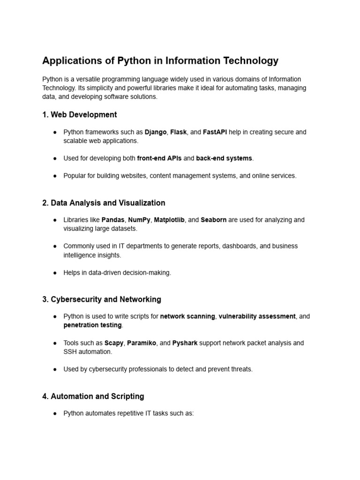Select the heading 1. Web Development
(x=79, y=114)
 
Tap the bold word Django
(x=156, y=132)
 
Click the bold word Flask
(x=179, y=132)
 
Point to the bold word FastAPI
(x=215, y=132)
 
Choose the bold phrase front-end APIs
(x=159, y=158)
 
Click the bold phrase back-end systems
(x=224, y=158)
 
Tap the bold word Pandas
(x=113, y=220)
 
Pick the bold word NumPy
(x=139, y=220)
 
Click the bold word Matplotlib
(x=169, y=220)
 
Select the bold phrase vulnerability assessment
(x=257, y=316)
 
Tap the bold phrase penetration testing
(x=92, y=325)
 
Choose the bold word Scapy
(x=113, y=343)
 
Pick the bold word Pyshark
(x=185, y=343)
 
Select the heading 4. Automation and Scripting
(x=93, y=396)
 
